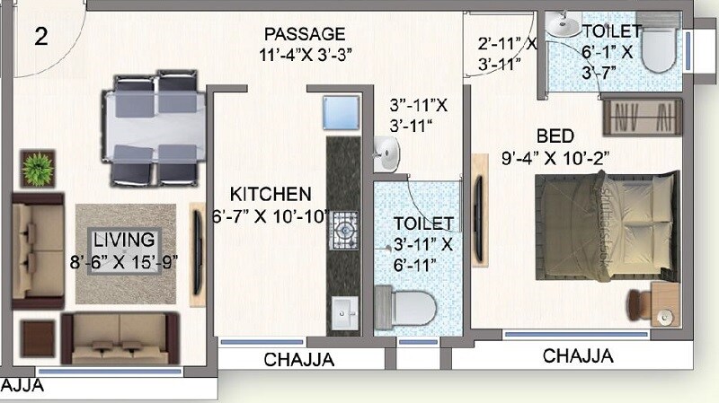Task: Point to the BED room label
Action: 555,137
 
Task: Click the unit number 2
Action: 41,37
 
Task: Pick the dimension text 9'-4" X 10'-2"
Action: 555,159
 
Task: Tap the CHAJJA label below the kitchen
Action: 299,360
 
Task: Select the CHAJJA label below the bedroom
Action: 578,355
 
